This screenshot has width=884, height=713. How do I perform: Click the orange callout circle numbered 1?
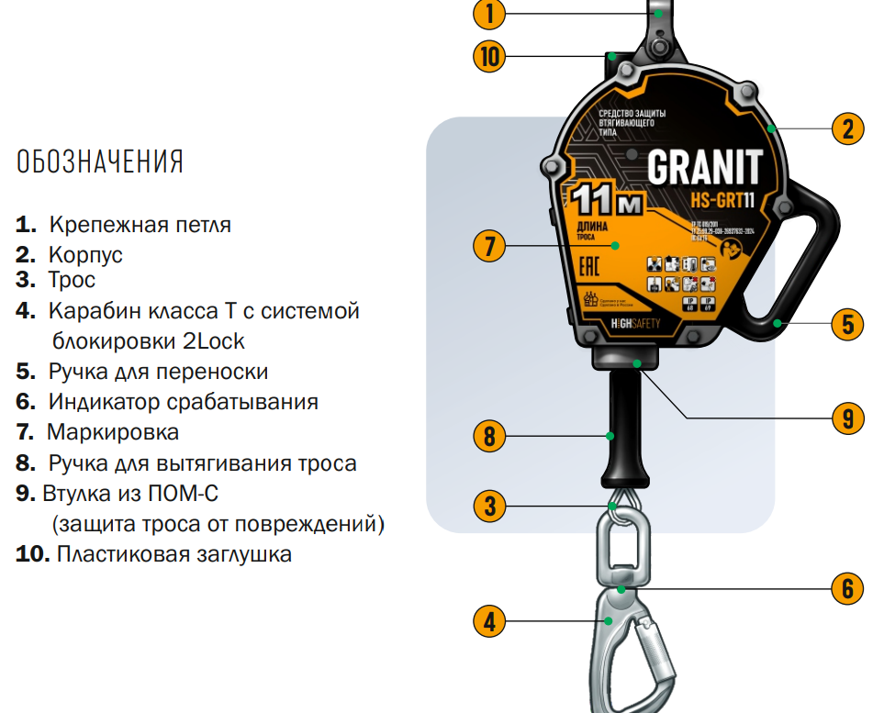pos(490,13)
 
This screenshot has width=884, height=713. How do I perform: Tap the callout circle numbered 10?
pos(490,57)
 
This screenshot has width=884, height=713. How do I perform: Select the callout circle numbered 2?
pos(848,128)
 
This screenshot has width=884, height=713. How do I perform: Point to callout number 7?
pos(490,246)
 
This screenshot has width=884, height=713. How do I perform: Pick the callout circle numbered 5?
pos(848,323)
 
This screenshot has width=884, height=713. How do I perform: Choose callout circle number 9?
pos(848,418)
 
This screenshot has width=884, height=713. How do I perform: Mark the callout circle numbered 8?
pos(490,435)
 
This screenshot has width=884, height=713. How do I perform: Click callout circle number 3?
pos(490,505)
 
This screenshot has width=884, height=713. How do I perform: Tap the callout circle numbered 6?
pos(848,587)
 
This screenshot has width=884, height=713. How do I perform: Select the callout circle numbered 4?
pos(490,621)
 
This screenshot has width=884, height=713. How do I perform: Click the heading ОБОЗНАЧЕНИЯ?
pos(100,162)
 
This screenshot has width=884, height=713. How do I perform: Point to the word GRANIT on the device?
pos(704,167)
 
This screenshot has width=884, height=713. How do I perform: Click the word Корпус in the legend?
pos(85,254)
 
